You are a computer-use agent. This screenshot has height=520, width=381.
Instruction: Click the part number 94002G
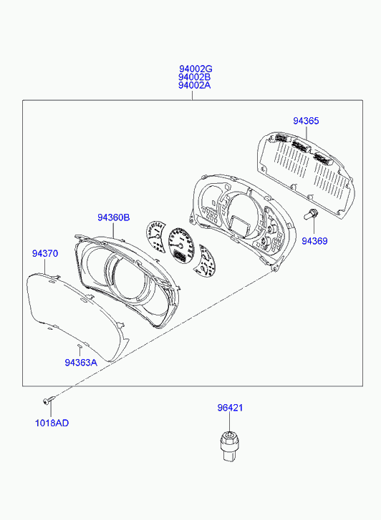pyautogui.click(x=196, y=69)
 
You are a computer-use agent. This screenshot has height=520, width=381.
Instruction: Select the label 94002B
pyautogui.click(x=195, y=77)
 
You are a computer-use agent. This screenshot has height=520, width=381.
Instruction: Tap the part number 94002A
pyautogui.click(x=195, y=85)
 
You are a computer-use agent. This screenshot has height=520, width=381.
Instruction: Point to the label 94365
pyautogui.click(x=306, y=121)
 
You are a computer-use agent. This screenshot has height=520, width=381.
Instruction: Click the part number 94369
pyautogui.click(x=314, y=241)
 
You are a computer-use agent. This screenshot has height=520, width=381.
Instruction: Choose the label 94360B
pyautogui.click(x=114, y=217)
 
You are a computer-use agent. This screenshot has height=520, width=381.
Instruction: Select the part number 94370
pyautogui.click(x=45, y=253)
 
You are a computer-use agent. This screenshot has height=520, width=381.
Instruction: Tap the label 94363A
pyautogui.click(x=81, y=363)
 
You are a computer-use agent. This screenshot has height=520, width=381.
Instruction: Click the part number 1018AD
pyautogui.click(x=52, y=423)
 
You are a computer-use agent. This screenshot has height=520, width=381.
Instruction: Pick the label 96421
pyautogui.click(x=230, y=408)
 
